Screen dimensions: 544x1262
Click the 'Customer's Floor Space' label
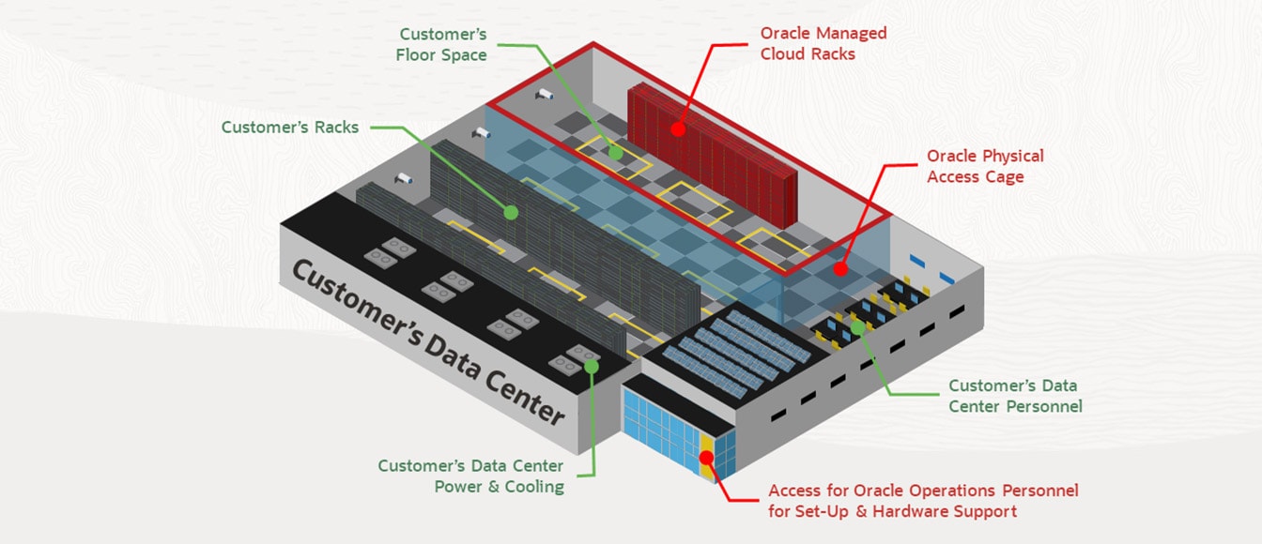443,45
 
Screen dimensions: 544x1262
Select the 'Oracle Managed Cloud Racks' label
823,43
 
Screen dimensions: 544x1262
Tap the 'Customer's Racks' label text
290,127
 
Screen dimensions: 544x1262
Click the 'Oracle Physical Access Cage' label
985,166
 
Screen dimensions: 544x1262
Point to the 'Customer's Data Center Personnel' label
1014,396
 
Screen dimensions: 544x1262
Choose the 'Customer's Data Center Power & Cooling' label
470,476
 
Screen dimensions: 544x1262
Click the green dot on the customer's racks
510,213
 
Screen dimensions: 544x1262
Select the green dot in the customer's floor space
615,151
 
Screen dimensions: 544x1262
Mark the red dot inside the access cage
840,268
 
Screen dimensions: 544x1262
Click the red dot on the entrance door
707,458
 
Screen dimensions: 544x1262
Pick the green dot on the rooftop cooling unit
592,366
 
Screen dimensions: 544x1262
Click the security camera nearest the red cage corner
544,94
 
